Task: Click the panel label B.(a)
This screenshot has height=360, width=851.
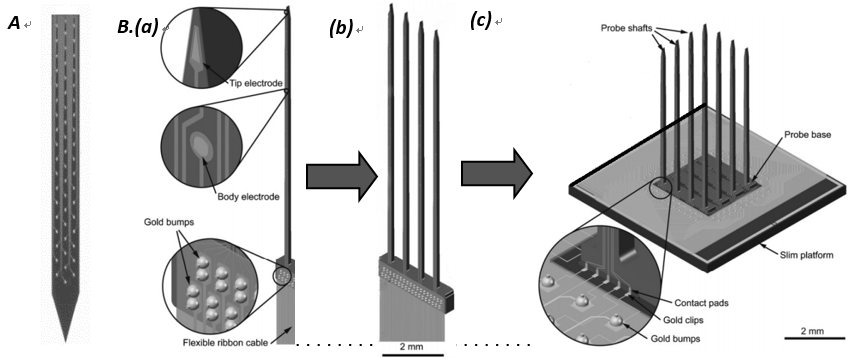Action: click(138, 27)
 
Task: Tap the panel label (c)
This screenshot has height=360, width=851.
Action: click(481, 20)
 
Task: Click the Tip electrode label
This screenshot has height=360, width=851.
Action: click(254, 83)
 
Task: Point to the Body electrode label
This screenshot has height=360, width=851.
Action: click(247, 197)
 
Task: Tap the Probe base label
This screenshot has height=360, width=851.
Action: click(808, 135)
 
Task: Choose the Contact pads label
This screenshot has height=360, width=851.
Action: click(699, 302)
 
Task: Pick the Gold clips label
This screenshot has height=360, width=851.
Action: click(693, 320)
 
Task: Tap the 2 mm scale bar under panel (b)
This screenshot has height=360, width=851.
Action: click(413, 356)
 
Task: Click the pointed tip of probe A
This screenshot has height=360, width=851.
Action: click(65, 342)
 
